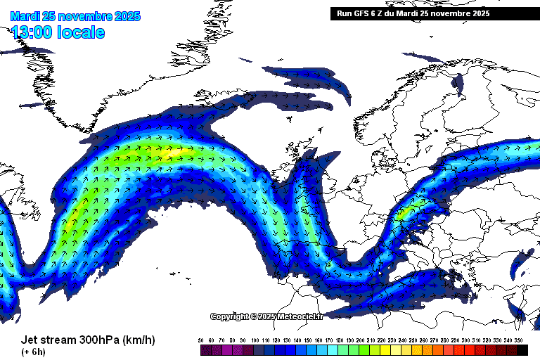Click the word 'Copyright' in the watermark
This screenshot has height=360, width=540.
tap(229, 316)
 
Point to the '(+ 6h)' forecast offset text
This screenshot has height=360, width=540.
tap(34, 352)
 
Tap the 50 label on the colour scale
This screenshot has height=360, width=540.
tap(201, 340)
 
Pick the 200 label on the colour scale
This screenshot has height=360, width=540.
tap(360, 340)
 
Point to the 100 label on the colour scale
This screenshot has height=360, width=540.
tap(254, 340)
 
